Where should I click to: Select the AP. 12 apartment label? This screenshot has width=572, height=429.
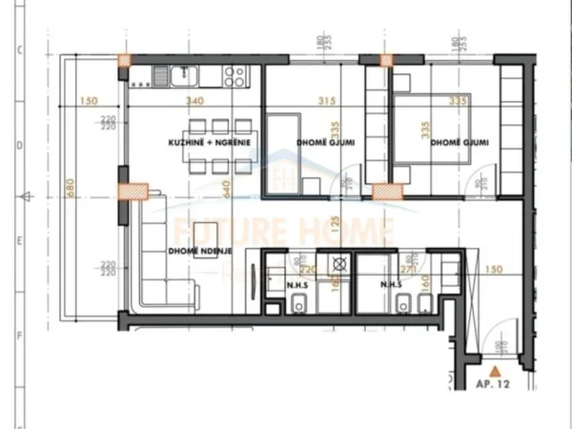click(x=494, y=384)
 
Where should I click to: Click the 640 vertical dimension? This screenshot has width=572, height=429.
click(x=228, y=187)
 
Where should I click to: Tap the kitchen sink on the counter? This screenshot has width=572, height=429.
click(x=163, y=72)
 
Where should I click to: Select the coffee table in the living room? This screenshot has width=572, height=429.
click(x=206, y=233)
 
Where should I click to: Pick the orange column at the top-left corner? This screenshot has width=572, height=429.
click(x=124, y=61)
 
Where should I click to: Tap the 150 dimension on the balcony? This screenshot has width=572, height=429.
click(x=90, y=100)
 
